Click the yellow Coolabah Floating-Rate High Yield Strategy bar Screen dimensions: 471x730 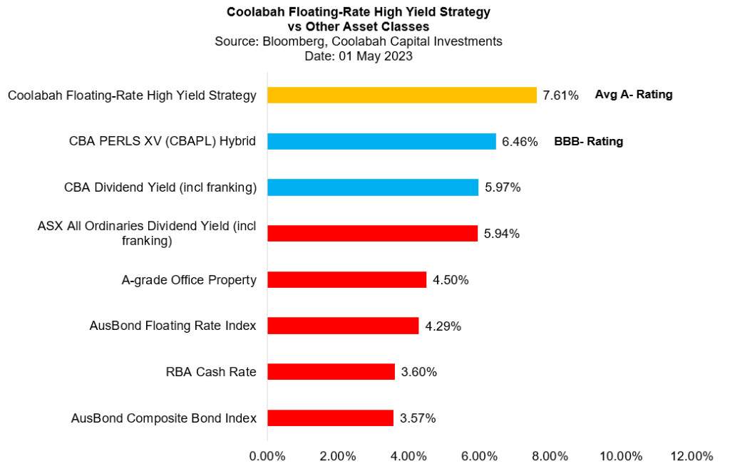pyautogui.click(x=401, y=95)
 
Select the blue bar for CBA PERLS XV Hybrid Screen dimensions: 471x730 pyautogui.click(x=381, y=141)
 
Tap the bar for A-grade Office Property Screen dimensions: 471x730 pyautogui.click(x=346, y=280)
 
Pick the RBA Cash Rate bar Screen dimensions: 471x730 pyautogui.click(x=331, y=372)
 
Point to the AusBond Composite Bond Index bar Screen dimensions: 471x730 pyautogui.click(x=330, y=418)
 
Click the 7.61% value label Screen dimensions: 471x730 pyautogui.click(x=560, y=95)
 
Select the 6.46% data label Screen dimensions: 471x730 pyautogui.click(x=520, y=142)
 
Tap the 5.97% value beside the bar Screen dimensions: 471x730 pyautogui.click(x=503, y=188)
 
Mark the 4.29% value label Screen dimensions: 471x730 pyautogui.click(x=443, y=326)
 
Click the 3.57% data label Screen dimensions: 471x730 pyautogui.click(x=418, y=418)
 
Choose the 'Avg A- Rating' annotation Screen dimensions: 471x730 pyautogui.click(x=634, y=94)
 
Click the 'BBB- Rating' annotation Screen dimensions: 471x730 pyautogui.click(x=588, y=141)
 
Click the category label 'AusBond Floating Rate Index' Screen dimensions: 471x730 pyautogui.click(x=173, y=326)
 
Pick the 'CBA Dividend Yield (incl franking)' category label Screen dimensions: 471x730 pyautogui.click(x=160, y=188)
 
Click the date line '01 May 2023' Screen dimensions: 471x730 pyautogui.click(x=359, y=56)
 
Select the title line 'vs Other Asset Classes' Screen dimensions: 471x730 pyautogui.click(x=359, y=26)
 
